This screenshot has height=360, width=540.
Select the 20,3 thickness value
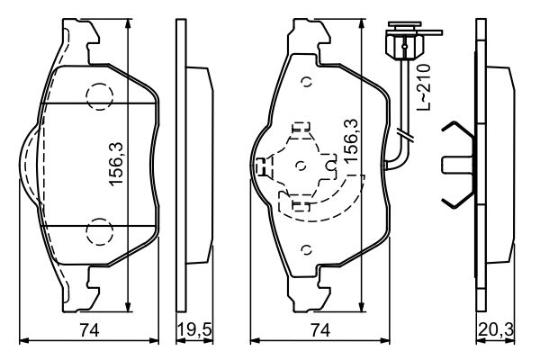pyautogui.click(x=494, y=330)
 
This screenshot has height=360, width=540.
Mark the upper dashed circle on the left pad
pyautogui.click(x=96, y=95)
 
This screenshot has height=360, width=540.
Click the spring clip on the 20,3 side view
pyautogui.click(x=459, y=165)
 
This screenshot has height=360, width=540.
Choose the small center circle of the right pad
pyautogui.click(x=301, y=166)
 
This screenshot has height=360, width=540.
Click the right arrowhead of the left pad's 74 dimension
pyautogui.click(x=157, y=340)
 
